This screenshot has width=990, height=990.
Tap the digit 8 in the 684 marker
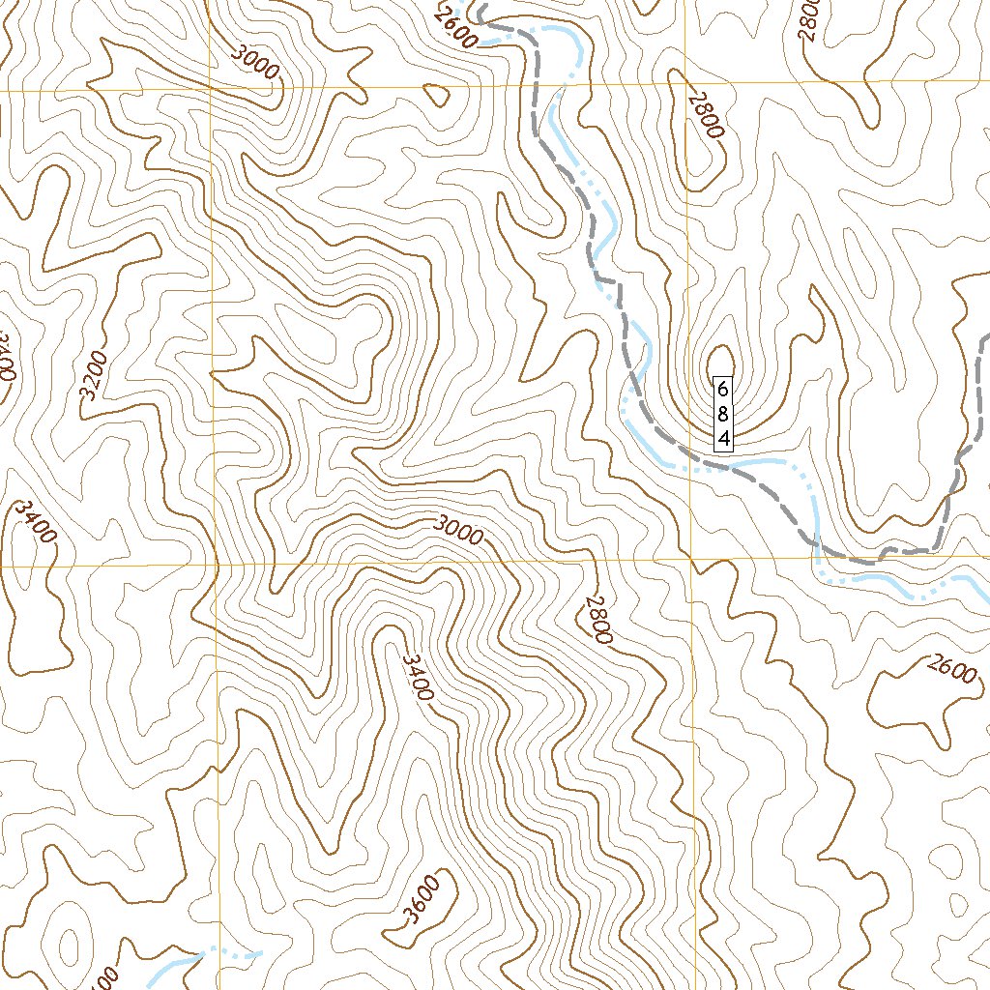723,415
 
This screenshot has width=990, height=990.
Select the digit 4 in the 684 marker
723,441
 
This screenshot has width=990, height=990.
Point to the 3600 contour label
422,900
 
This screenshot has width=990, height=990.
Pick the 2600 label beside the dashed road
455,28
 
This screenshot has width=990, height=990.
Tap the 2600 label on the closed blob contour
951,669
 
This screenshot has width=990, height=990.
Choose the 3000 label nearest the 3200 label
256,62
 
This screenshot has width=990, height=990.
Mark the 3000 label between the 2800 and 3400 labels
458,530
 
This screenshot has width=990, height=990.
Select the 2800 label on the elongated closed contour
706,114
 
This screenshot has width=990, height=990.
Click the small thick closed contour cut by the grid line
437,95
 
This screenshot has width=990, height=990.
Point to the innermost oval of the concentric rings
70,945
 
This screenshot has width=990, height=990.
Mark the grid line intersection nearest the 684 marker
691,559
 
